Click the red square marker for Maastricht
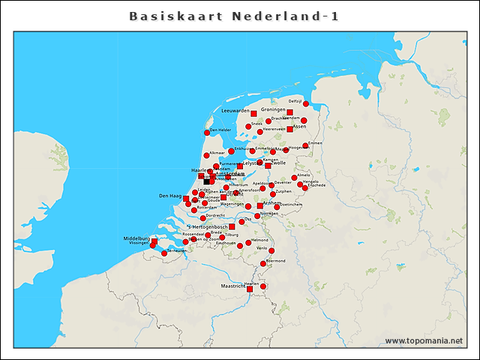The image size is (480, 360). (x=250, y=287)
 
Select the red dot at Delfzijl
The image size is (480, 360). (x=306, y=103)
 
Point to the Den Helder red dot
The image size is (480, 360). (x=207, y=133)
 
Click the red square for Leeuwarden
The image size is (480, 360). (x=253, y=113)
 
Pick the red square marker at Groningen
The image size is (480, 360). (x=289, y=112)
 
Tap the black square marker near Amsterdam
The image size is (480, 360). (x=207, y=181)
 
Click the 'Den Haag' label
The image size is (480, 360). (x=170, y=196)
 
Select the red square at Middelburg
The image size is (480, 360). (x=154, y=241)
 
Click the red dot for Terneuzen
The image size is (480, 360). (x=164, y=253)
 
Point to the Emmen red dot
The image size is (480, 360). (x=306, y=145)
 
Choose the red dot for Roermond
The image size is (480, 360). (x=263, y=263)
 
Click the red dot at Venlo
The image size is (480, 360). (x=271, y=250)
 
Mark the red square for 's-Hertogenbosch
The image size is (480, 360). (x=232, y=226)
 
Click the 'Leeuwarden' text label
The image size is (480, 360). (x=235, y=110)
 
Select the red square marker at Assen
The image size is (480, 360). (x=289, y=129)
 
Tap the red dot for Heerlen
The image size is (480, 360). (x=263, y=286)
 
